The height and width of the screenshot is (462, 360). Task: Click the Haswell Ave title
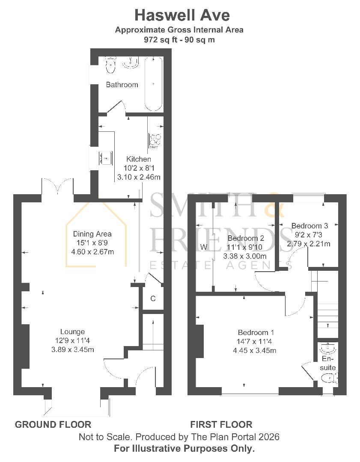click(x=182, y=15)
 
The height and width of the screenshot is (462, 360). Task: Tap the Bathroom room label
click(x=122, y=85)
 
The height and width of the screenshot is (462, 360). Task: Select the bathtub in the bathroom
click(x=153, y=84)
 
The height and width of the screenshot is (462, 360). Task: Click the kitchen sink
click(x=105, y=157)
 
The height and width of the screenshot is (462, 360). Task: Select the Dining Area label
click(x=92, y=234)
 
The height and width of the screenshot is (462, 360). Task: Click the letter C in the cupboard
click(x=153, y=299)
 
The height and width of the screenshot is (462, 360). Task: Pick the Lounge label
click(x=72, y=332)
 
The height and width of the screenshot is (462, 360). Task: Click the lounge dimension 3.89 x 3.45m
click(x=72, y=349)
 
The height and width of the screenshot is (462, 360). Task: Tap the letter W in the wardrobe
click(x=203, y=247)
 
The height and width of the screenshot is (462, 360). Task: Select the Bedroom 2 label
click(x=246, y=238)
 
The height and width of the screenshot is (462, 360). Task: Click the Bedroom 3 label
click(x=309, y=225)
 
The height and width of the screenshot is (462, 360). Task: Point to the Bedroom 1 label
click(x=256, y=332)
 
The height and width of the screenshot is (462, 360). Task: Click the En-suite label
click(x=328, y=363)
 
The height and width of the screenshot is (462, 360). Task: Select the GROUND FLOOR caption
click(x=53, y=424)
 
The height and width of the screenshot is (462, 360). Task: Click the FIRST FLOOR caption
click(x=221, y=424)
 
